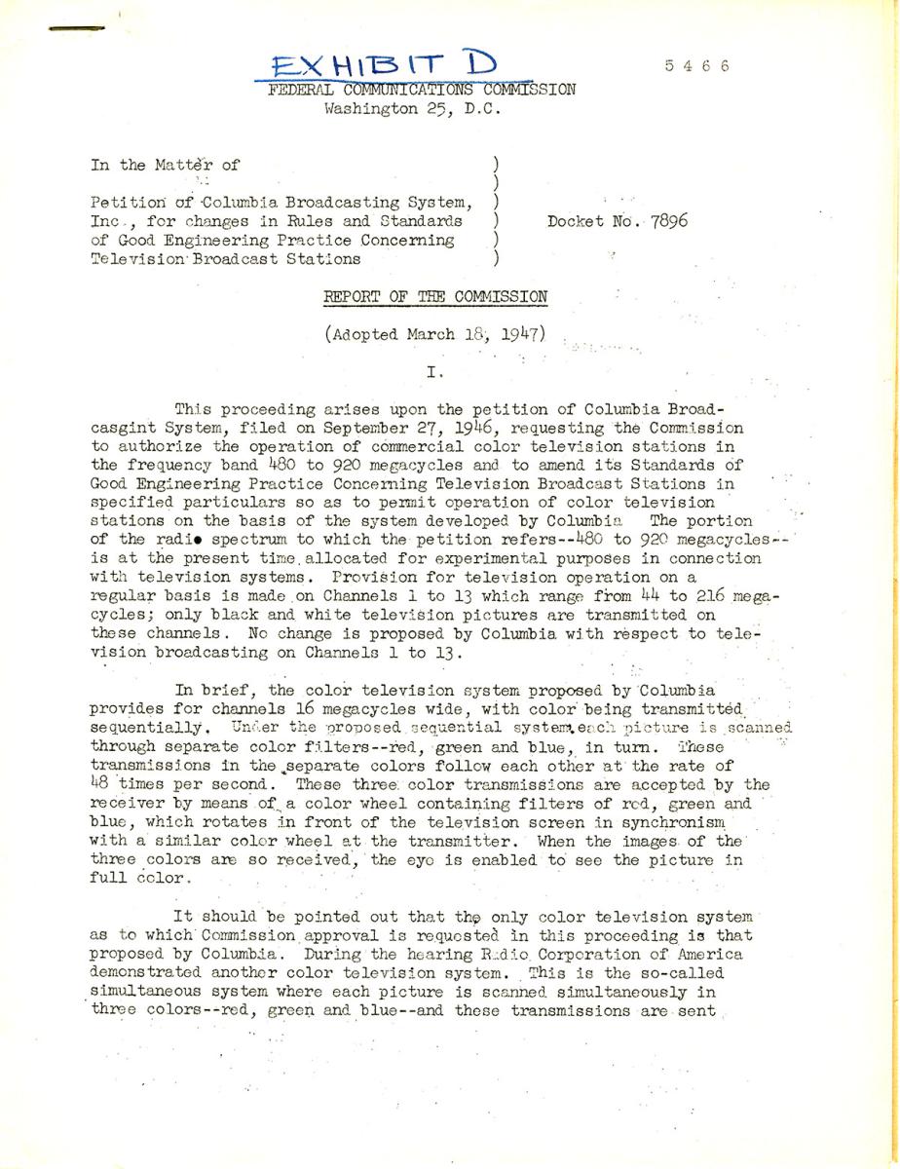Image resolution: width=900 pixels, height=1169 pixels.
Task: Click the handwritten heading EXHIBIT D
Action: point(385,65)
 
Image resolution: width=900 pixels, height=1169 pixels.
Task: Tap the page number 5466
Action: point(696,66)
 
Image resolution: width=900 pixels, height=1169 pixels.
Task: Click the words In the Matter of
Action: point(165,165)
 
